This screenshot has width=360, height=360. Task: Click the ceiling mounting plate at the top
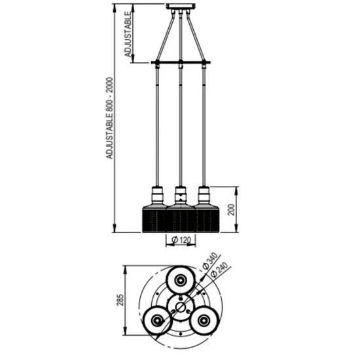tap(181, 7)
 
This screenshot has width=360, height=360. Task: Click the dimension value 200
tap(232, 209)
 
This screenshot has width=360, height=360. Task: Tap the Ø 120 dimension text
tap(181, 240)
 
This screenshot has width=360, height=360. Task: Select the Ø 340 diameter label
tap(209, 261)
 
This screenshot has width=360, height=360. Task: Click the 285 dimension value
tap(120, 300)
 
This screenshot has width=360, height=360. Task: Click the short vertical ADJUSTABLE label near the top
tap(128, 34)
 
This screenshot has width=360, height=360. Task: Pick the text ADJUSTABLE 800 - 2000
tap(110, 118)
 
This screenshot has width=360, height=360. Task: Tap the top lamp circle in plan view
tap(180, 280)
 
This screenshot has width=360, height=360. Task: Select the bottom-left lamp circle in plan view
tap(157, 320)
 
